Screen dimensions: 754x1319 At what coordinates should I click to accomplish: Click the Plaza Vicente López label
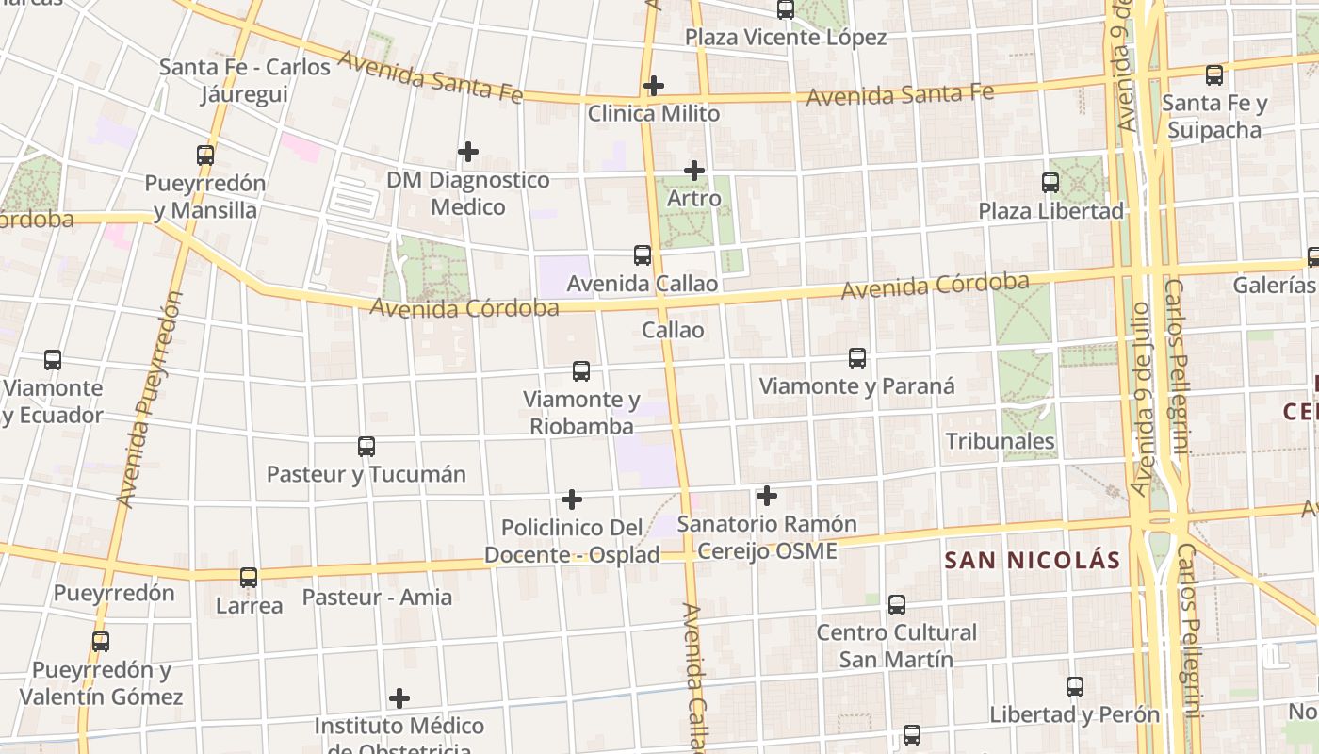coord(786,38)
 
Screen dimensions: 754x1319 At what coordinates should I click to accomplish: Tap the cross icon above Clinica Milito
coord(653,86)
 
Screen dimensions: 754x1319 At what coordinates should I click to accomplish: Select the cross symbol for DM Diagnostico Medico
coord(467,151)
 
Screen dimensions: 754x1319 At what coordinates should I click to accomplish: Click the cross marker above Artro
coord(694,171)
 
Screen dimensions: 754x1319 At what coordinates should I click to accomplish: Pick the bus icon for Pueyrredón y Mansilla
coord(205,156)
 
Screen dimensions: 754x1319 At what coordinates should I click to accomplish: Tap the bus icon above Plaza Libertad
coord(1050,183)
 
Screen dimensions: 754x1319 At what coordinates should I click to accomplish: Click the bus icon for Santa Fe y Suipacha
coord(1214,74)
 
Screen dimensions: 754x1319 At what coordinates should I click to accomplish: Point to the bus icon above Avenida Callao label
coord(643,255)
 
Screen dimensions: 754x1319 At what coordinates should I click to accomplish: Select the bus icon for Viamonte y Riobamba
coord(581,371)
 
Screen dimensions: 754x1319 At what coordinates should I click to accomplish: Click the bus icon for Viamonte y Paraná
coord(857,358)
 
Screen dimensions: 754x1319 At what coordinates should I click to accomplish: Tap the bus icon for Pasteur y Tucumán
coord(366,447)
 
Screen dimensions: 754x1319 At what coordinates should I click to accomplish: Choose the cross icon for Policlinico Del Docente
coord(572,500)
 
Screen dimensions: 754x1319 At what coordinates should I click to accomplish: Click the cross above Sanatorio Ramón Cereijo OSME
coord(767,496)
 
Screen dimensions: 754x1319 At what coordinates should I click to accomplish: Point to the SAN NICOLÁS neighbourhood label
coord(1033,561)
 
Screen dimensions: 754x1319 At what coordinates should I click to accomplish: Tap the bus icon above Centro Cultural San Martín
coord(897,604)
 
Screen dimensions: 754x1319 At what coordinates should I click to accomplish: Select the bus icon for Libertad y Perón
coord(1075,687)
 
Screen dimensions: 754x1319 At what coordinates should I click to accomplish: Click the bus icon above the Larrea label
coord(249,578)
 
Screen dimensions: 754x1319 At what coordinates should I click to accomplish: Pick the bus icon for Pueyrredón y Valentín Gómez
coord(101,642)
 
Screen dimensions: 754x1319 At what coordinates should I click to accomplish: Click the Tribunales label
coord(1000,441)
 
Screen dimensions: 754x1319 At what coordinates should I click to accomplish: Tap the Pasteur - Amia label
coord(377,598)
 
